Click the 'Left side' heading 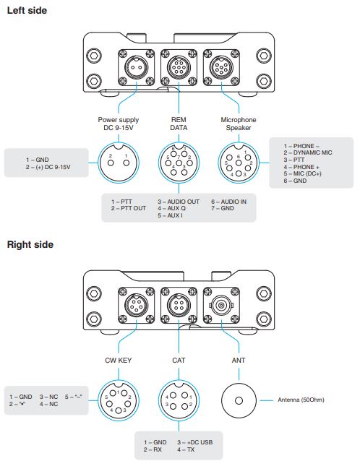[27, 10]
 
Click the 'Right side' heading [30, 244]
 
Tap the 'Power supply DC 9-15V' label [119, 124]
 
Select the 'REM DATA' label [179, 124]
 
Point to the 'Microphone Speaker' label [239, 124]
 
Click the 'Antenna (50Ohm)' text [304, 399]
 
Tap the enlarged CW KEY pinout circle [119, 399]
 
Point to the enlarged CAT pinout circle [179, 399]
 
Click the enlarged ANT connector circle [239, 399]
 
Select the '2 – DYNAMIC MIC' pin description [308, 152]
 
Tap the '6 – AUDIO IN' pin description [230, 201]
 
